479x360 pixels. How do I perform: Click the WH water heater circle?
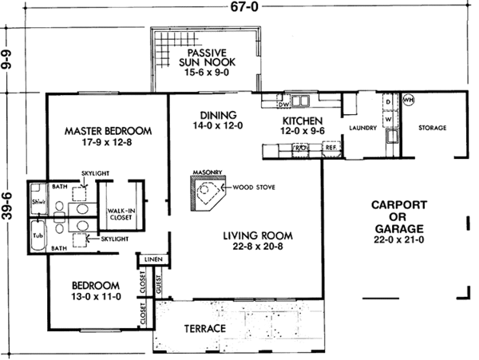[408, 101]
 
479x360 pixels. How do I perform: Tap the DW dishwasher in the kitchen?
[283, 104]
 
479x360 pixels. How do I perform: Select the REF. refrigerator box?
[331, 147]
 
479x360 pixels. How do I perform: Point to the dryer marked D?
[389, 103]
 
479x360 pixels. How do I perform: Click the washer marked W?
[389, 119]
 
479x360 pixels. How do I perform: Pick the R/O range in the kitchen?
[303, 147]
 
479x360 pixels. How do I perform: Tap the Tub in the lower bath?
[37, 236]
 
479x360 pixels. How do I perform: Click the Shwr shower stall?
[37, 201]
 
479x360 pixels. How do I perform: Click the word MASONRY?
[206, 169]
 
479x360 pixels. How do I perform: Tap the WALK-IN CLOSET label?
[120, 214]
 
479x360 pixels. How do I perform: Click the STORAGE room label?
[431, 128]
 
